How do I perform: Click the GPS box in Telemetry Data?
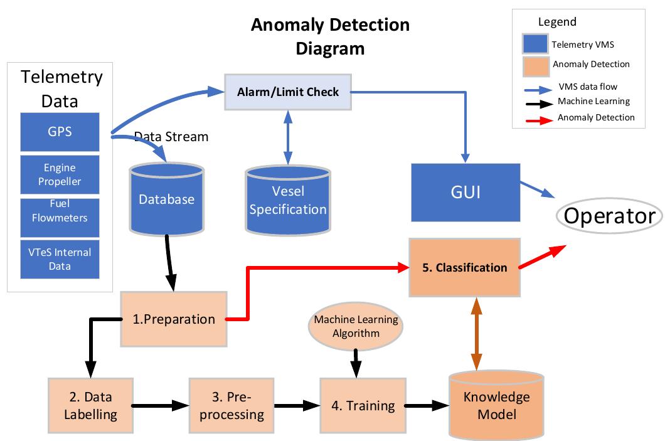pos(60,132)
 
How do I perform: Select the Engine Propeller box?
pos(60,174)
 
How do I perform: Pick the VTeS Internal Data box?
pos(60,258)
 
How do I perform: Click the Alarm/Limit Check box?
pos(287,92)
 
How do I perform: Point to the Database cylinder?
pos(166,199)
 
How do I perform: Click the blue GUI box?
pos(465,191)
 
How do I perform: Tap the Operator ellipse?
pos(609,216)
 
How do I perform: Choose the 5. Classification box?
pos(464,267)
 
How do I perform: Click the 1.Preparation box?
pos(174,319)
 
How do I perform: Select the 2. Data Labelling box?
pos(91,405)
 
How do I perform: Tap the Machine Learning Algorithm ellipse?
pos(356,326)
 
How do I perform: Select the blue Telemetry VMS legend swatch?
pos(535,45)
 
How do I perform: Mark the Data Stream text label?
pos(171,136)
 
